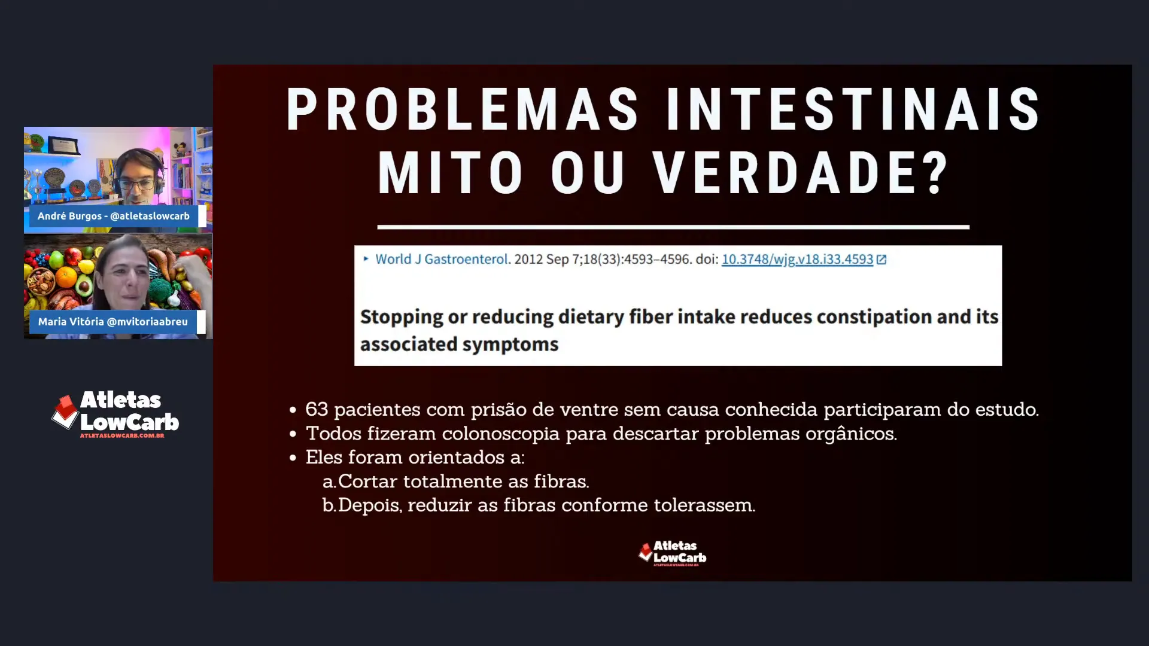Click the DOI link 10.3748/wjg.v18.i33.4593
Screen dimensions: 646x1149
(797, 260)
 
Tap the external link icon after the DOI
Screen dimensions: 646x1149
(881, 260)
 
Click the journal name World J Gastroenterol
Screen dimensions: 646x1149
(441, 260)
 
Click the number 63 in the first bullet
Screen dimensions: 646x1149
(317, 410)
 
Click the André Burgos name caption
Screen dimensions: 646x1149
(114, 216)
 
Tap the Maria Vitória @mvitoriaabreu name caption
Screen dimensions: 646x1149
(113, 322)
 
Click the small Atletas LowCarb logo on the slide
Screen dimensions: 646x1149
(672, 553)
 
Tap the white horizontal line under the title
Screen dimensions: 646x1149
(673, 227)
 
